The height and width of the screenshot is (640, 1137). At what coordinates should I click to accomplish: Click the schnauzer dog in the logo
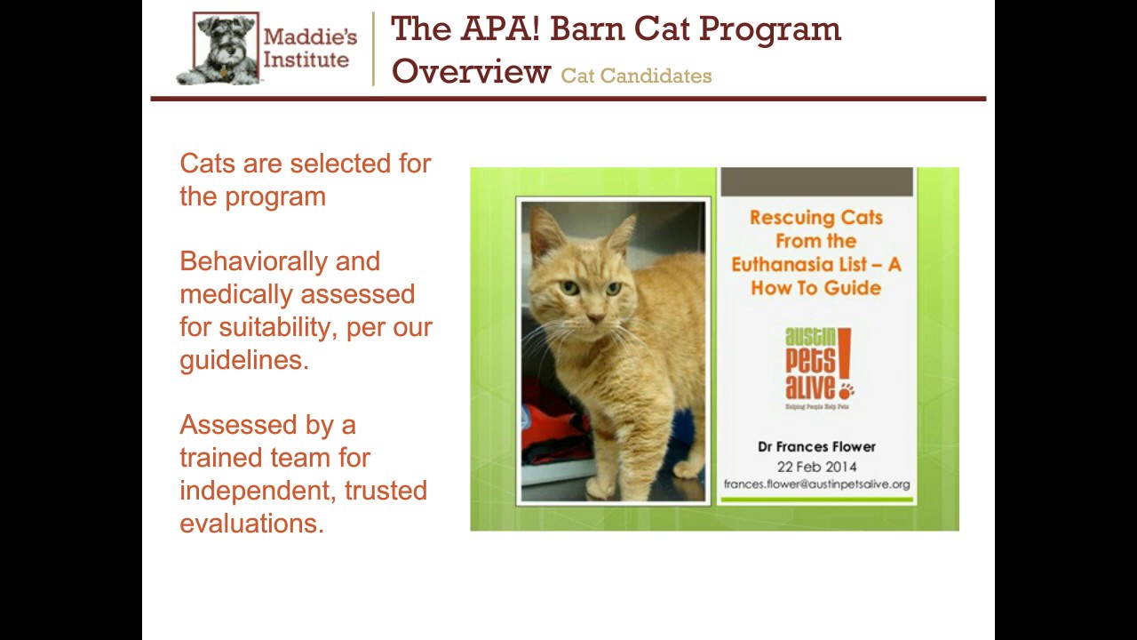coord(218,50)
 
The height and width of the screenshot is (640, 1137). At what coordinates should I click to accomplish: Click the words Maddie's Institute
coord(309,49)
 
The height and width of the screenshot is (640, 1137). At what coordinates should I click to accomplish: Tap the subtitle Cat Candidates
coord(636,76)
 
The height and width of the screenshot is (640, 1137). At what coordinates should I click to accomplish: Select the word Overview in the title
coord(471,71)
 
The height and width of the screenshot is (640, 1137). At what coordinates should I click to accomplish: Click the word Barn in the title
coord(590,28)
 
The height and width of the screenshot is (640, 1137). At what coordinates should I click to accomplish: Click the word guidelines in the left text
coord(243,360)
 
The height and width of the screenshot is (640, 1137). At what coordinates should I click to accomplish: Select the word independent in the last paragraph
coord(258,491)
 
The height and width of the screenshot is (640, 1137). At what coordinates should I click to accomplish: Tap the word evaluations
coord(250,524)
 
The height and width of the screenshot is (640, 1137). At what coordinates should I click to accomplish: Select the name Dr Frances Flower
coord(815,447)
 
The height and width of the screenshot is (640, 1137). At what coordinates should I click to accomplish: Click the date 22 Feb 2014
coord(815,467)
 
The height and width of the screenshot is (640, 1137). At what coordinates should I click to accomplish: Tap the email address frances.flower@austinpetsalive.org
coord(815,484)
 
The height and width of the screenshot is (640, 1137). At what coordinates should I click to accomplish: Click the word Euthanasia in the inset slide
coord(790,265)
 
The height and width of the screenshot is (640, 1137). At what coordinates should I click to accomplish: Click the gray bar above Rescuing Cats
coord(815,182)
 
